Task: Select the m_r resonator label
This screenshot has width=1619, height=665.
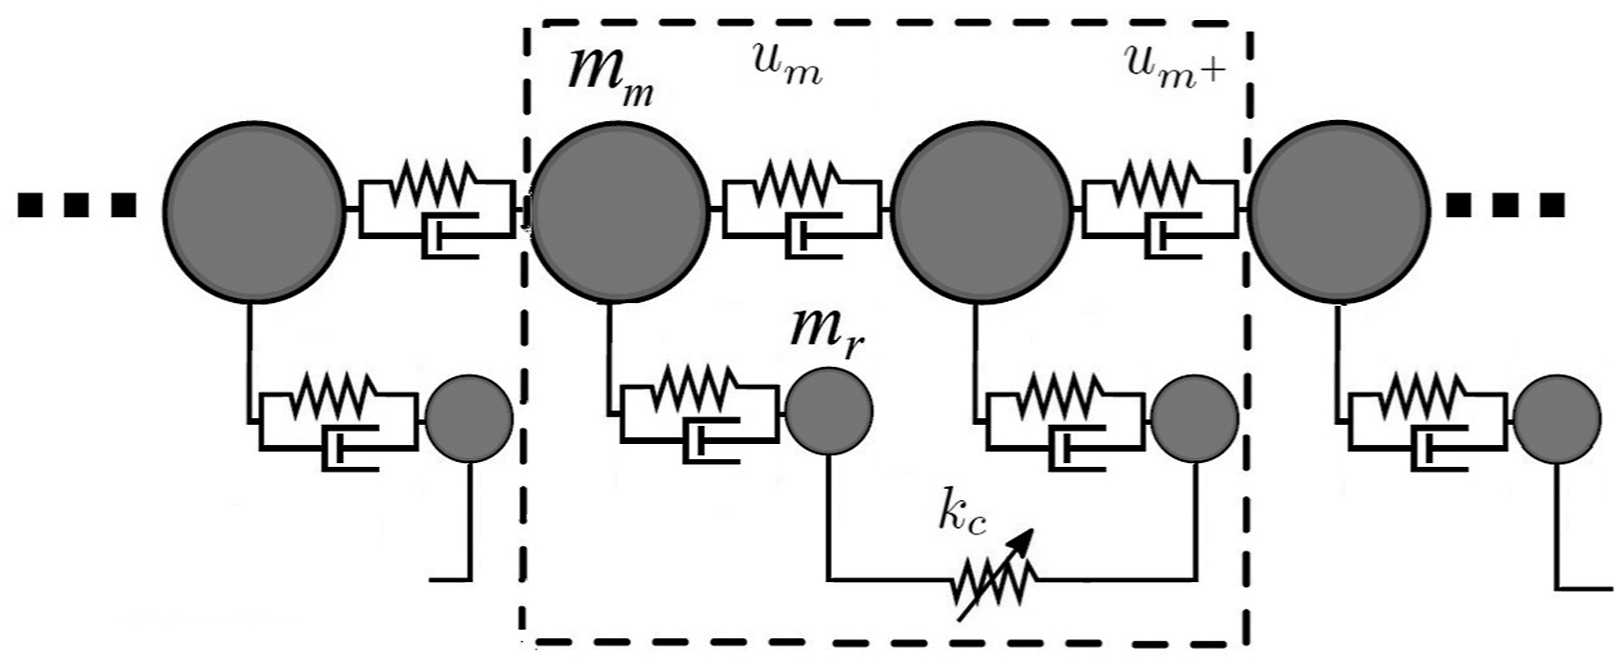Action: pyautogui.click(x=826, y=334)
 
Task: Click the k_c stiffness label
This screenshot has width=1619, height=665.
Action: pyautogui.click(x=962, y=519)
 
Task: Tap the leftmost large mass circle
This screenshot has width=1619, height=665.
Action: pyautogui.click(x=253, y=212)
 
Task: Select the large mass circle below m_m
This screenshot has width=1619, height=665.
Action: pyautogui.click(x=619, y=212)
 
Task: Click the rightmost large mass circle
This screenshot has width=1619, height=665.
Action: pyautogui.click(x=1339, y=212)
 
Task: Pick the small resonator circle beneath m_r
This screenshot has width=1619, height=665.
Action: pyautogui.click(x=829, y=412)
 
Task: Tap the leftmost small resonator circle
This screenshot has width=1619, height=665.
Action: pyautogui.click(x=469, y=418)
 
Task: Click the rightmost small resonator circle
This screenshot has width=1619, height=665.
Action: pyautogui.click(x=1558, y=419)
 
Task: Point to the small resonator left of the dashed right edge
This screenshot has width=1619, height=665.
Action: pyautogui.click(x=1195, y=418)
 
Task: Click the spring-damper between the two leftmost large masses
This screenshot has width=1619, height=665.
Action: pyautogui.click(x=436, y=209)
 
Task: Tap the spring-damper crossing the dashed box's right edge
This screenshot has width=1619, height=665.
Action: pyautogui.click(x=1161, y=209)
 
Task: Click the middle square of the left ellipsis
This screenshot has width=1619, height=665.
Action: pyautogui.click(x=76, y=206)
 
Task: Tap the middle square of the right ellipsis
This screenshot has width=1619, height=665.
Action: pyautogui.click(x=1506, y=206)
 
